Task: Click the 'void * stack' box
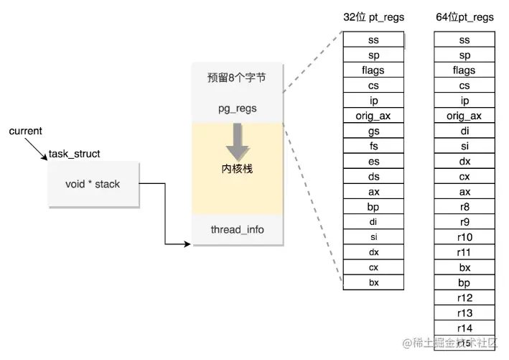[93, 185]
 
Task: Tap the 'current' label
[25, 131]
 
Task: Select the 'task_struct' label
[74, 154]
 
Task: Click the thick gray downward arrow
[238, 141]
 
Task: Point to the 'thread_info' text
[238, 229]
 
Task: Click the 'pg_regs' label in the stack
[238, 109]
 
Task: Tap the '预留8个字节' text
[238, 77]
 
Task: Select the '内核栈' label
[238, 170]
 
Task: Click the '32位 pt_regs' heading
[373, 17]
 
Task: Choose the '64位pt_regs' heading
[464, 17]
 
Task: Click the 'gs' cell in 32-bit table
[374, 131]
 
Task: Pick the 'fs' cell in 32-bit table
[374, 146]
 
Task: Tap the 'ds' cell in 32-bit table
[374, 177]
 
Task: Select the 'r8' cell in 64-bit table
[464, 207]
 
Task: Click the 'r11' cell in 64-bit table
[464, 252]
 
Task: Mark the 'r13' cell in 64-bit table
[464, 313]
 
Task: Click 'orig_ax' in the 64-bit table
[464, 116]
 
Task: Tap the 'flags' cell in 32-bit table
[374, 70]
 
